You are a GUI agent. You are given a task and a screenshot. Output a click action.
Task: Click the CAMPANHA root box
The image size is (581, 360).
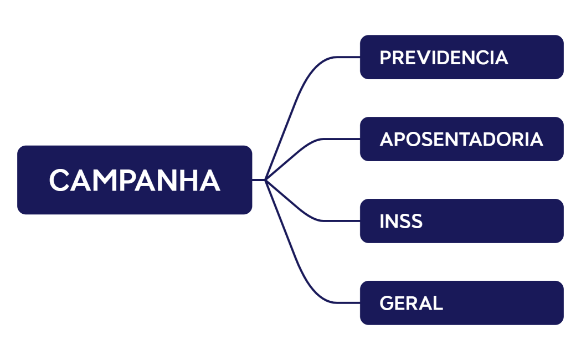pyautogui.click(x=135, y=179)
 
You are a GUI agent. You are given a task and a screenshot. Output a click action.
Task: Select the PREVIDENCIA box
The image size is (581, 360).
pyautogui.click(x=461, y=57)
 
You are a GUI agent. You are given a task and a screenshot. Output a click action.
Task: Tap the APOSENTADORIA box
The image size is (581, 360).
pyautogui.click(x=461, y=139)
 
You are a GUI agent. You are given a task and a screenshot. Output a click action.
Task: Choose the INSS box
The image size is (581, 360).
pyautogui.click(x=461, y=221)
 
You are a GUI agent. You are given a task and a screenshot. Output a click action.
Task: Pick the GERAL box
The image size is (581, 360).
pyautogui.click(x=461, y=303)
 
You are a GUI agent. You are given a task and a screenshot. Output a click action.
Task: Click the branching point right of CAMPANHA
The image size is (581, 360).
pyautogui.click(x=265, y=179)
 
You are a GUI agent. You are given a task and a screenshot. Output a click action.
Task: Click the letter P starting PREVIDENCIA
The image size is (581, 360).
pyautogui.click(x=386, y=58)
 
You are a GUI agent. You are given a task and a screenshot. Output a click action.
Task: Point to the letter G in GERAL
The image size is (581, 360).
pyautogui.click(x=387, y=304)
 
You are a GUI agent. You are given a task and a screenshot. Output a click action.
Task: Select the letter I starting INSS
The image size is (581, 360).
pyautogui.click(x=382, y=222)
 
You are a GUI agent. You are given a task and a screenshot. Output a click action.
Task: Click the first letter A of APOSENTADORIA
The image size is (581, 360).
pyautogui.click(x=387, y=140)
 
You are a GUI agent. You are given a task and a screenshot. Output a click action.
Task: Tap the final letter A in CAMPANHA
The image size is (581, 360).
pyautogui.click(x=210, y=181)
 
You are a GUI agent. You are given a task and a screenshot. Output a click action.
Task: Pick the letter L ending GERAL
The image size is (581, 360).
pyautogui.click(x=438, y=304)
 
